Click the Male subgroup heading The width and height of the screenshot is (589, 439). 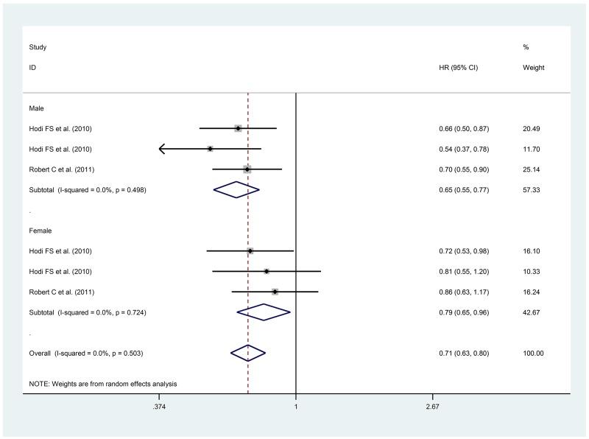[x=36, y=108]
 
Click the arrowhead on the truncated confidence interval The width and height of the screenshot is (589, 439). [x=163, y=149]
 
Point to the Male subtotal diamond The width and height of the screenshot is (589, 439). [x=236, y=190]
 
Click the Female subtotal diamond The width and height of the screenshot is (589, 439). [x=264, y=312]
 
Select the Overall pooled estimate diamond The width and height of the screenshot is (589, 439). [x=247, y=354]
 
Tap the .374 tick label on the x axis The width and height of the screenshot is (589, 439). [x=158, y=407]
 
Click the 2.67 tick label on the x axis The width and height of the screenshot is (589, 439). [x=433, y=407]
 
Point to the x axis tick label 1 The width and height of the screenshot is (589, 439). [x=296, y=407]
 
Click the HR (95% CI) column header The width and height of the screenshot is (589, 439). [x=458, y=68]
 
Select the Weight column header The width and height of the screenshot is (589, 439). [x=532, y=68]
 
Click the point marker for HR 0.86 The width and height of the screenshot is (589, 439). [x=275, y=292]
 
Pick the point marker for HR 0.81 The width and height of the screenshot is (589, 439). [x=267, y=272]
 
